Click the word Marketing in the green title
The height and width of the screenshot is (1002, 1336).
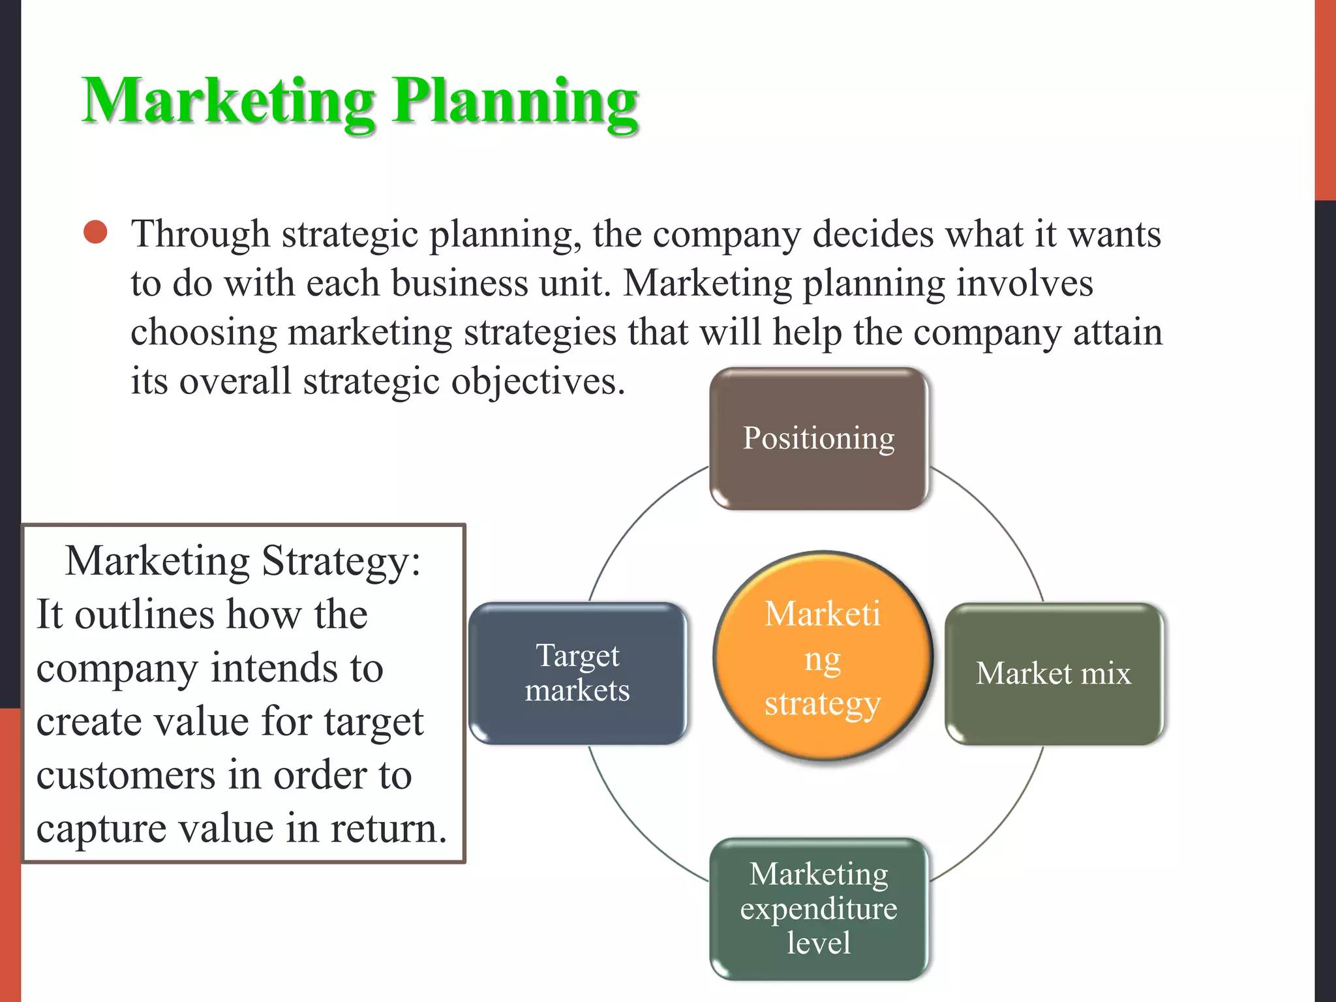click(228, 101)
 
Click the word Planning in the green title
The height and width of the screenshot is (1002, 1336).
click(515, 101)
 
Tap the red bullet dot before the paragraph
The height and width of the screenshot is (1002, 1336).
click(96, 232)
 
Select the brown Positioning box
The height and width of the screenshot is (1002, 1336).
click(819, 438)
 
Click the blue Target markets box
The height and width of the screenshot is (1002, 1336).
click(577, 673)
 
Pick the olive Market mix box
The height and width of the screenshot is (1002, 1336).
click(1054, 673)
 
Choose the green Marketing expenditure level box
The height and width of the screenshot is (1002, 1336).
click(819, 908)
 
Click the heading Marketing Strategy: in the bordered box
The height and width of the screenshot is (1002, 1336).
click(243, 560)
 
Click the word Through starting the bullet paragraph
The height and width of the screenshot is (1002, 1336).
click(200, 234)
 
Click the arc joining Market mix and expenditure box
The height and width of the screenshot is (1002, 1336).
click(998, 825)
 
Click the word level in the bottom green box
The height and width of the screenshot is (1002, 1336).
click(819, 943)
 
